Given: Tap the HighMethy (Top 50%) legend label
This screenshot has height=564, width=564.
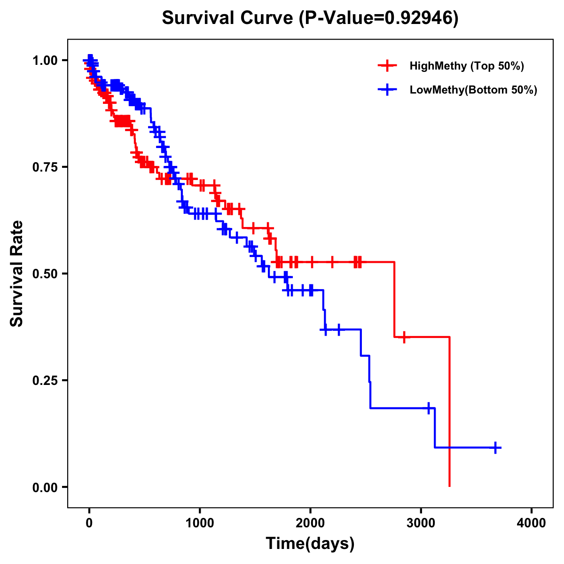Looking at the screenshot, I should coord(466,66).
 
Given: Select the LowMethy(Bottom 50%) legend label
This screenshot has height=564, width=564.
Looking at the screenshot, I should coord(473,90).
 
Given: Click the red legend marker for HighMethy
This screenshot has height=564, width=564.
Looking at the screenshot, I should coord(387,66).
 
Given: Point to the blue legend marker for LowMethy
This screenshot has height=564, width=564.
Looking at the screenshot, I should coord(387,90).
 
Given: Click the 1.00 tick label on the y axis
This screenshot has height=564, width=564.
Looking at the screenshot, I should coord(45,61).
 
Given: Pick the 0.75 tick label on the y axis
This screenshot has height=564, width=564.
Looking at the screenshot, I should coord(45,167).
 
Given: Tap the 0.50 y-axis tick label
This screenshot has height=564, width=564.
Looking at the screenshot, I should coord(45,274).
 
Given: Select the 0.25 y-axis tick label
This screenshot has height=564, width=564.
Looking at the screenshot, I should coord(45,381).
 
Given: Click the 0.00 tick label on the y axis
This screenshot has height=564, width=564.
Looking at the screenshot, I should coord(45,487).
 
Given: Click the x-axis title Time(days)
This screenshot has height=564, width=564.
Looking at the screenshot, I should coord(310,544).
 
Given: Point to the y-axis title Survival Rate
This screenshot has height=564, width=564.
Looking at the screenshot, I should coord(17,274).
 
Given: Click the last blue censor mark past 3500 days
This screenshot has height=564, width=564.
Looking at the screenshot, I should coord(495,447).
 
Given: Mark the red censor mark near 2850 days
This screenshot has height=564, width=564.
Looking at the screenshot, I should coord(404,337).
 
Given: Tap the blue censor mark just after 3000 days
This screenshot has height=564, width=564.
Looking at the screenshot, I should coord(429,408).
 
